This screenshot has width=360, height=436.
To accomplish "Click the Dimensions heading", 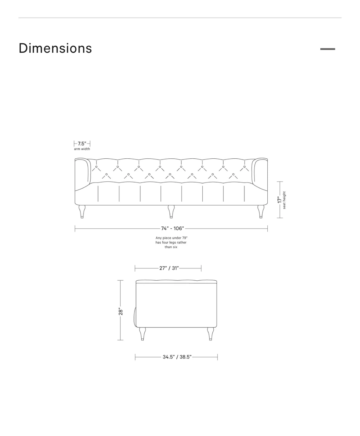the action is coord(55,48).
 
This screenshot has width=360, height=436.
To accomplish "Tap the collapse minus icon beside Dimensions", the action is coord(328,49).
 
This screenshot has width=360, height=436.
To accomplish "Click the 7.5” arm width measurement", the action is coord(82,144).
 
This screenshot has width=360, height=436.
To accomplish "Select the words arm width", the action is coord(82,149).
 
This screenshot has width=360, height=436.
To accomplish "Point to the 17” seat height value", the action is coord(280,200).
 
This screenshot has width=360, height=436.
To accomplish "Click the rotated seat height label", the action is coord(284,200).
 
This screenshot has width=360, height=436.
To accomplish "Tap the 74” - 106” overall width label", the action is coord(172,228).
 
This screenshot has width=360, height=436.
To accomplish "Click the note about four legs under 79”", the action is coord(171,243).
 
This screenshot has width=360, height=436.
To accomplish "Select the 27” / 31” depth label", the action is coord(169,268).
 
